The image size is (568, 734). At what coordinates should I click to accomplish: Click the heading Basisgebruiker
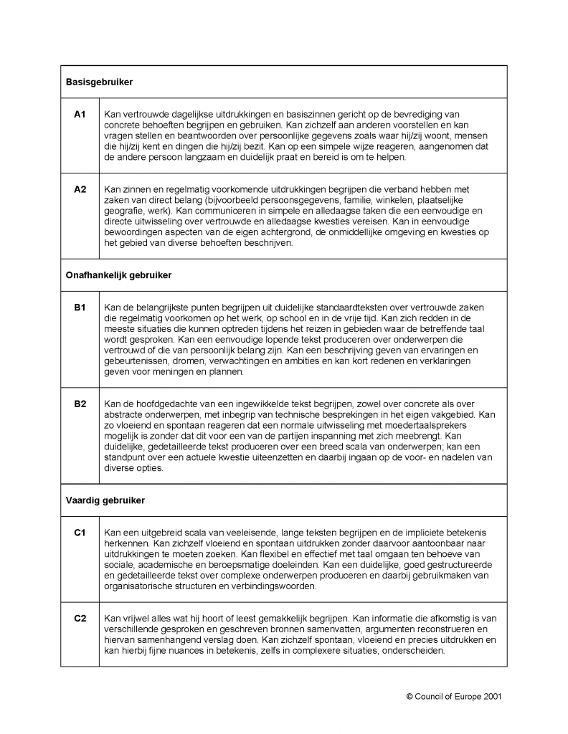coord(99,82)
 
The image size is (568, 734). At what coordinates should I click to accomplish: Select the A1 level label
coord(80,114)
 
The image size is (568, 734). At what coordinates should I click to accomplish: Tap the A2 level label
coord(80,189)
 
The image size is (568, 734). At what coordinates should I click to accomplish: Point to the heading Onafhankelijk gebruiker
coord(118,275)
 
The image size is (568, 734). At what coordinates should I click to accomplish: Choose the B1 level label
coord(80,308)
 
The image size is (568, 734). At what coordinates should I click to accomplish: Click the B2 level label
coord(80,404)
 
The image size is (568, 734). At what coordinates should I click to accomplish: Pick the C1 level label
coord(80,532)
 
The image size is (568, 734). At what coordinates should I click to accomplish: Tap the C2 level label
coord(80,618)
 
